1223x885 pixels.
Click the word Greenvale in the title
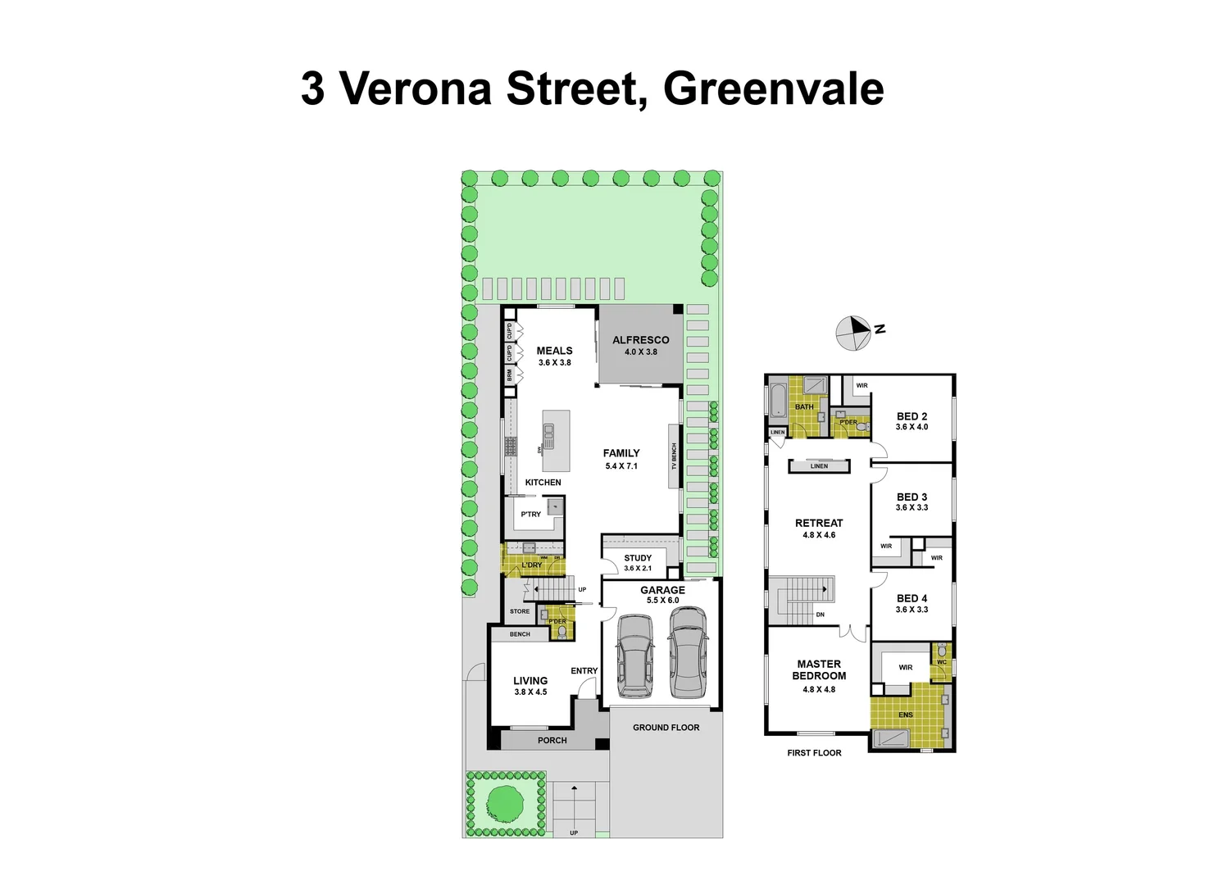[773, 88]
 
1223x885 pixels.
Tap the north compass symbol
[853, 333]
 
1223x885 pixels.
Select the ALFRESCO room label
[640, 340]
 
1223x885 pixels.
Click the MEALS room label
[554, 351]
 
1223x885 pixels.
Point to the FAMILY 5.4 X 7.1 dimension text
[621, 466]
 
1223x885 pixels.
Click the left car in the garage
[635, 656]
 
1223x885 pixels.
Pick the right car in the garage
[688, 652]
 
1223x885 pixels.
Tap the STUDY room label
[638, 558]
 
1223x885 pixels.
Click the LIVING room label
[530, 681]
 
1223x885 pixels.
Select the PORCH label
[552, 741]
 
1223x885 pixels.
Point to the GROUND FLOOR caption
[666, 728]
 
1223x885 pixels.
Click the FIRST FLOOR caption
[814, 753]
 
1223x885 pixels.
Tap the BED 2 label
[912, 416]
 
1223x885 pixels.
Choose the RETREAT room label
[819, 523]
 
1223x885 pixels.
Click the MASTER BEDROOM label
[819, 670]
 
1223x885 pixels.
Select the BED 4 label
[912, 599]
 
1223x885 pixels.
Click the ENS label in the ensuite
[905, 715]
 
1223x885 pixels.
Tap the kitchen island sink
[549, 435]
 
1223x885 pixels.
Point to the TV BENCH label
[675, 456]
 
